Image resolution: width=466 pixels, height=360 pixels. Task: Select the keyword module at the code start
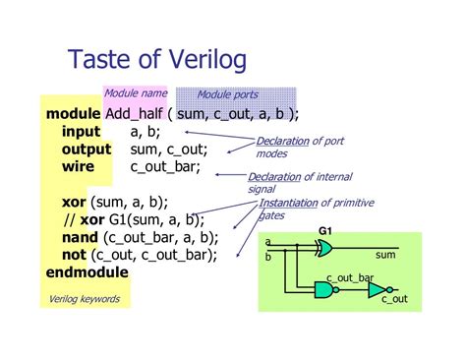(73, 114)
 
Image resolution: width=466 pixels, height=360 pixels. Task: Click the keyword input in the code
(81, 132)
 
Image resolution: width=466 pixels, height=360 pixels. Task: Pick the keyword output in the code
(87, 150)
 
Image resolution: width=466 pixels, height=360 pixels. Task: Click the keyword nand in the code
(82, 237)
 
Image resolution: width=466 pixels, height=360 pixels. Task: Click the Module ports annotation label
(228, 94)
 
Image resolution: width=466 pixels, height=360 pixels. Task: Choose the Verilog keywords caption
(85, 299)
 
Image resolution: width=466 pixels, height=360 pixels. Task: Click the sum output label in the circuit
(384, 255)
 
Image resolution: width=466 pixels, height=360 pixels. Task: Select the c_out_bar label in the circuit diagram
(349, 278)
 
